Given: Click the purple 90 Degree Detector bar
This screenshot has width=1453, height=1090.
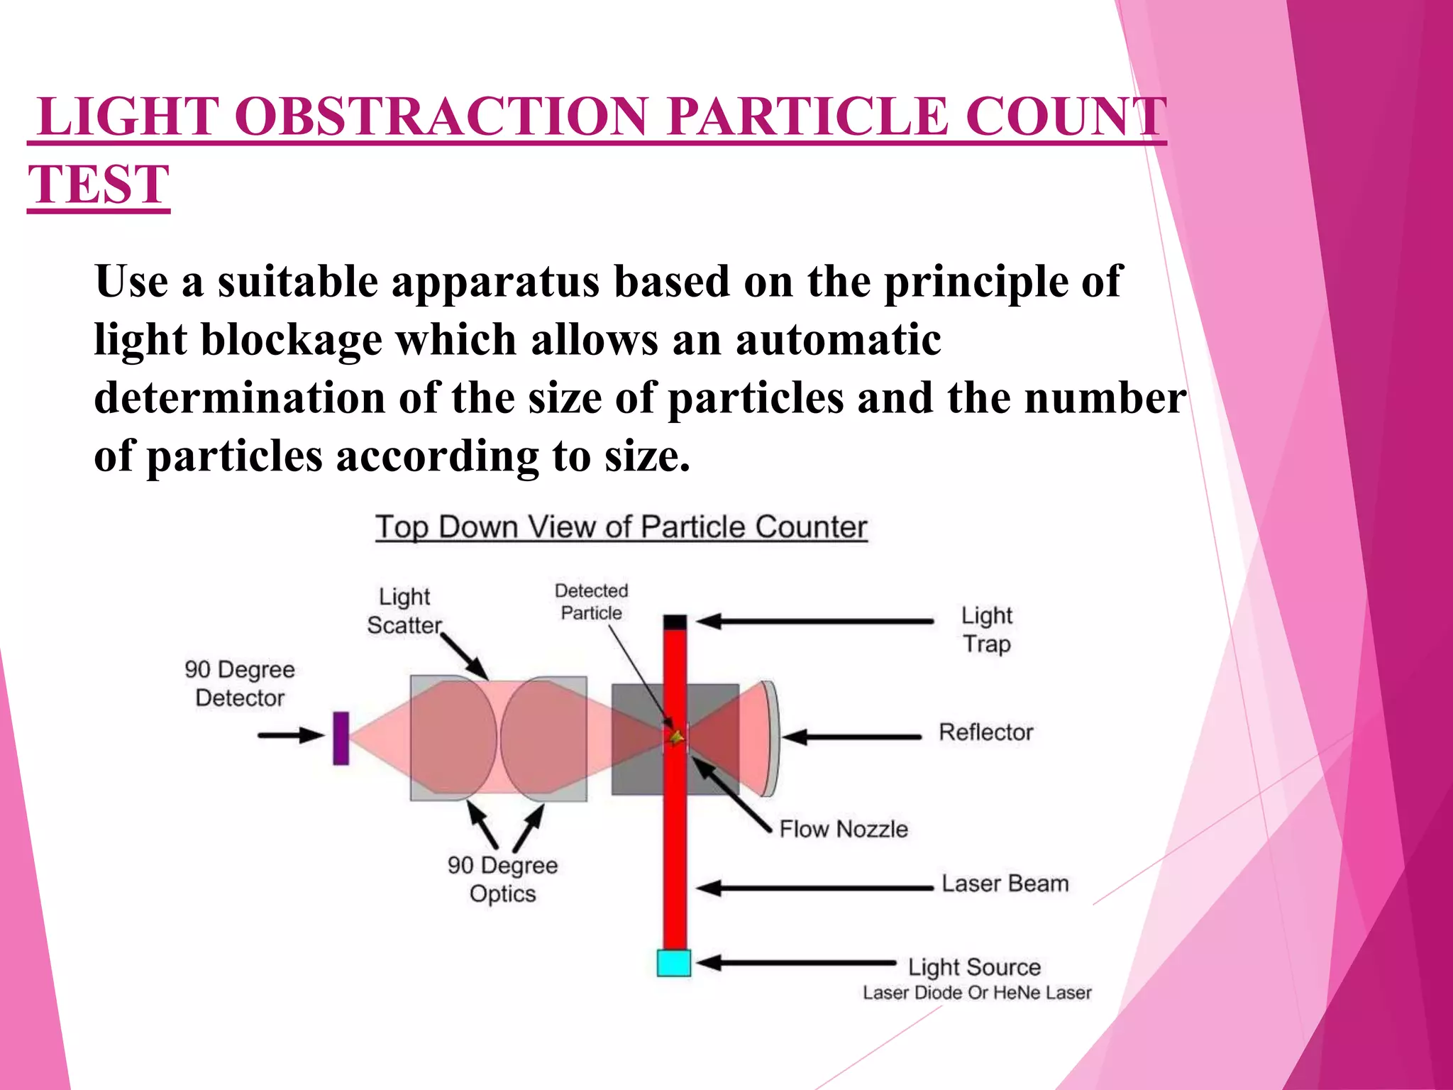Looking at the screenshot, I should pos(341,738).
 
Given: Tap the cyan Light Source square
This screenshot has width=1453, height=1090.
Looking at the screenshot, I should pos(673,963).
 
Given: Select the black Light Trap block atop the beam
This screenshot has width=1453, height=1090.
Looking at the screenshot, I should pos(675,622).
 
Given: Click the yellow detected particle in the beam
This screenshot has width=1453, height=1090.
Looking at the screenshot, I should pos(676,738).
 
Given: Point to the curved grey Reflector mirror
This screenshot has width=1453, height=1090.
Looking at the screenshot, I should pos(771,738).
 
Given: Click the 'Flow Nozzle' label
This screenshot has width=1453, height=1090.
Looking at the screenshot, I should pos(843,829).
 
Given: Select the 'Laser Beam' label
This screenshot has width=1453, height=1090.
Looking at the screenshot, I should pos(1005,883).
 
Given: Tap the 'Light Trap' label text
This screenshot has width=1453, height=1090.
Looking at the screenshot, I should pos(986,629).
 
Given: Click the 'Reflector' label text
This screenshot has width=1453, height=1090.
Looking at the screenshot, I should pos(985,732).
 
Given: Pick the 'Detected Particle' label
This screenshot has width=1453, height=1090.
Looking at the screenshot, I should pos(591,602).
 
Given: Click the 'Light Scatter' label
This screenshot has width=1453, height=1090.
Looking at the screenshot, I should pos(404,611).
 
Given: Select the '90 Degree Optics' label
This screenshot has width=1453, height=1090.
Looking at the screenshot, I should pos(502,879).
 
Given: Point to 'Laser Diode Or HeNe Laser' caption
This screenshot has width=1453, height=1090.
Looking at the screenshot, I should pos(976,993).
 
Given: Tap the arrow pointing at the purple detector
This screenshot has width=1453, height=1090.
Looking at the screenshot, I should pos(291,735).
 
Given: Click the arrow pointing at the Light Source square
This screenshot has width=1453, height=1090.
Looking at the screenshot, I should pos(795,963).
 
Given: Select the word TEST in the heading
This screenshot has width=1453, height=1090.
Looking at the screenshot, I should pos(99,185).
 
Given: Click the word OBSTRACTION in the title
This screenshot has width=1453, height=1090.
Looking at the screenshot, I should pos(441,116).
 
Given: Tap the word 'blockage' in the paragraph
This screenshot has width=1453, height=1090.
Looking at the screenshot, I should pos(292,340).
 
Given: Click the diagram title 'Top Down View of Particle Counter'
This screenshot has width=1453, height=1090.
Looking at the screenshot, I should pos(621,527).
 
